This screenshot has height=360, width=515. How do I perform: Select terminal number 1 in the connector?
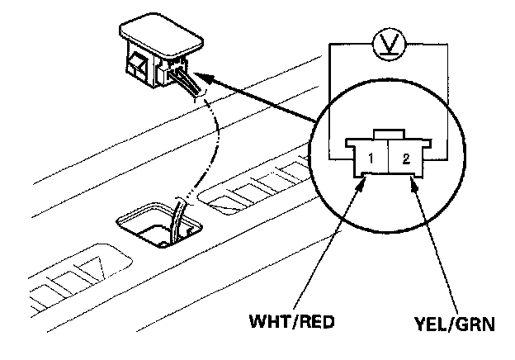point(373,157)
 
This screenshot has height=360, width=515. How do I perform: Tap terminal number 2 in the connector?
point(404,157)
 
